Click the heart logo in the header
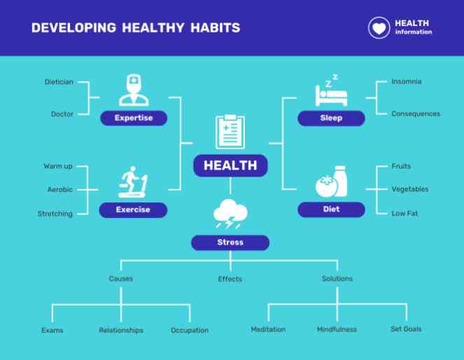pyautogui.click(x=379, y=28)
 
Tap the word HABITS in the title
pyautogui.click(x=215, y=28)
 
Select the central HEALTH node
pyautogui.click(x=230, y=165)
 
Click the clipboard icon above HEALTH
pyautogui.click(x=230, y=132)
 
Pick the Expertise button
pyautogui.click(x=134, y=118)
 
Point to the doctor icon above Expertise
pyautogui.click(x=134, y=90)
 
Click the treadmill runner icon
pyautogui.click(x=133, y=182)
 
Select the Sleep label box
pyautogui.click(x=331, y=118)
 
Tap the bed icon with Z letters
pyautogui.click(x=331, y=90)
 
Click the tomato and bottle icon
pyautogui.click(x=331, y=181)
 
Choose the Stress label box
pyautogui.click(x=230, y=242)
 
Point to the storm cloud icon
pyautogui.click(x=230, y=214)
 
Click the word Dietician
pyautogui.click(x=59, y=82)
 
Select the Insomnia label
pyautogui.click(x=407, y=81)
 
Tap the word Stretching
pyautogui.click(x=55, y=214)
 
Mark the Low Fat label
pyautogui.click(x=405, y=213)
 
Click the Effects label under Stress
pyautogui.click(x=230, y=279)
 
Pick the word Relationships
pyautogui.click(x=121, y=330)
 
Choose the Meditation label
pyautogui.click(x=268, y=329)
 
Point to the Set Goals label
pyautogui.click(x=406, y=329)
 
